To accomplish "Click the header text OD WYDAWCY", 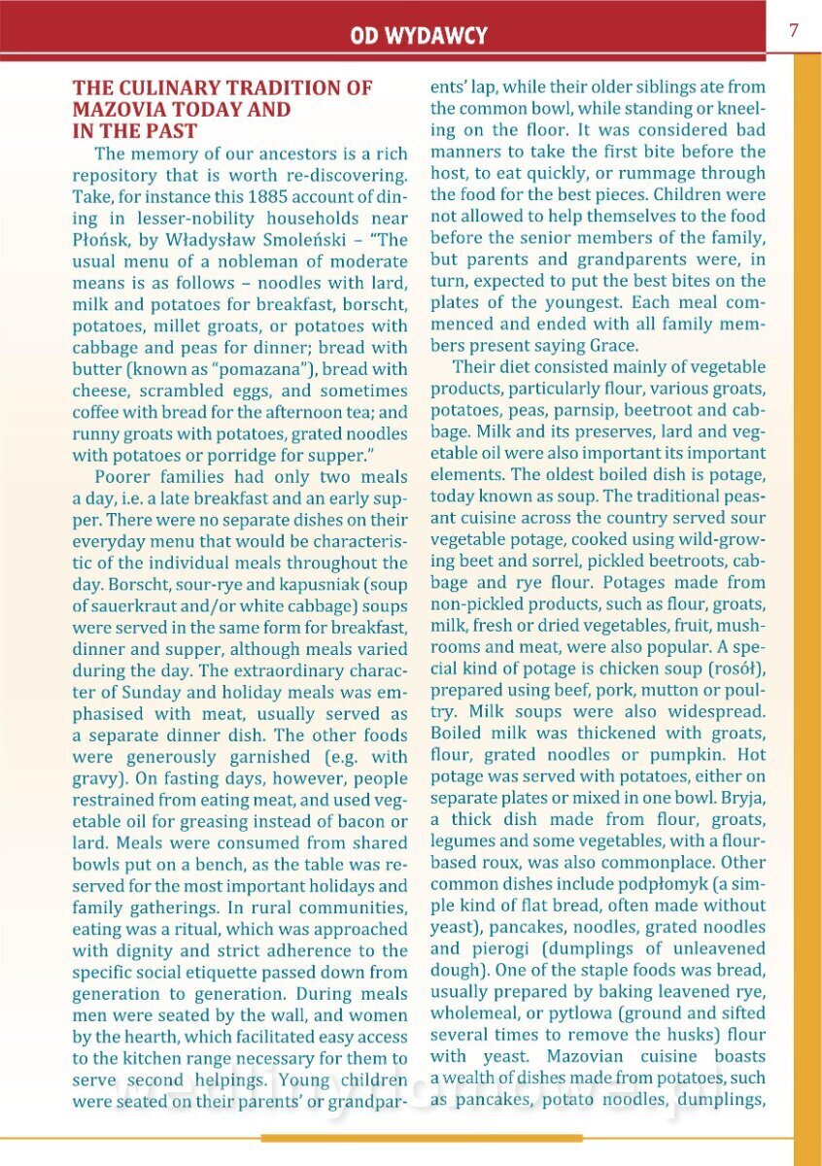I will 419,37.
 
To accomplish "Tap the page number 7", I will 793,30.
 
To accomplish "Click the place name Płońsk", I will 101,240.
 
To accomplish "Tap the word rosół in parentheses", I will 735,669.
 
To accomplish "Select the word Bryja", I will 742,797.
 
